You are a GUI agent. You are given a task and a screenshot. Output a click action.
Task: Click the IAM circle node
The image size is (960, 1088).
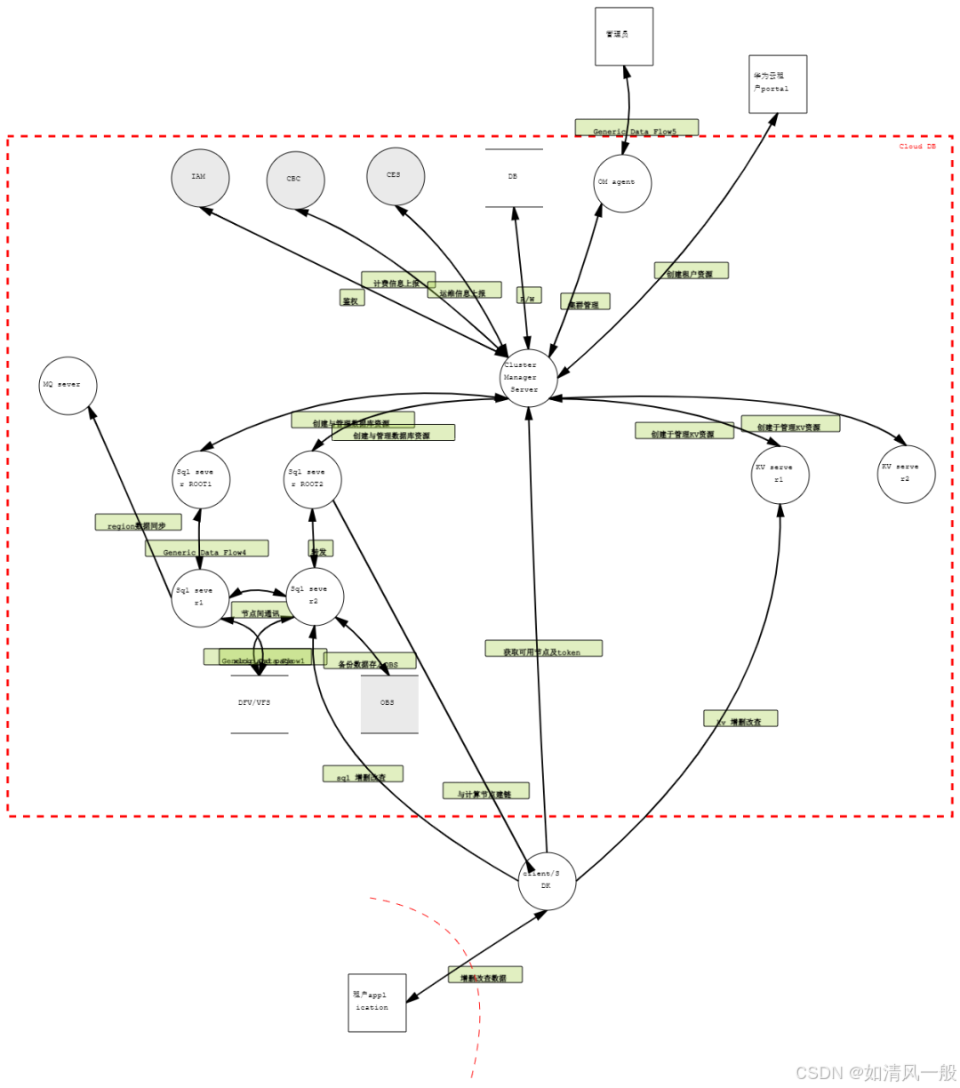[x=200, y=178]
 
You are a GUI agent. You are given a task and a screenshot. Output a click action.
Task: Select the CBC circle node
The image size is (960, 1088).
[x=295, y=180]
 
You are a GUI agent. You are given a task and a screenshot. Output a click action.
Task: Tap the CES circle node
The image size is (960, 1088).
[x=396, y=176]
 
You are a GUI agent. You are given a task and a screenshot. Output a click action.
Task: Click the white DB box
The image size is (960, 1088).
[x=514, y=178]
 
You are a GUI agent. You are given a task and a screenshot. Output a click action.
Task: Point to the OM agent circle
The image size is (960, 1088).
[x=622, y=183]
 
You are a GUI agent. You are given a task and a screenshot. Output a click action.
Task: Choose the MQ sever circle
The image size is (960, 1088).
[x=68, y=386]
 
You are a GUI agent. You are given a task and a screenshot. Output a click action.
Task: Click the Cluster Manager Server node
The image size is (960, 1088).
[x=529, y=378]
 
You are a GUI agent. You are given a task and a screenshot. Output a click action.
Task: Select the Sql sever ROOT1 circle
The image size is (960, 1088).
[x=201, y=479]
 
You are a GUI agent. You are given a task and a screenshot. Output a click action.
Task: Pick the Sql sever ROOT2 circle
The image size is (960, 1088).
[x=312, y=479]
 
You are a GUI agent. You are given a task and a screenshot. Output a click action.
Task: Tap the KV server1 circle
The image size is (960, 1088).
[x=780, y=475]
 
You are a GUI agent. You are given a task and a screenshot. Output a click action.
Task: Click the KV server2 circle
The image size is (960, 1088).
[x=906, y=474]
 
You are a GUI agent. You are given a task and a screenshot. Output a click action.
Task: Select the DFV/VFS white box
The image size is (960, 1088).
[x=260, y=704]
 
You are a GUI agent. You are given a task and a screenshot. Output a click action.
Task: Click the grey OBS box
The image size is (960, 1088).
[x=389, y=704]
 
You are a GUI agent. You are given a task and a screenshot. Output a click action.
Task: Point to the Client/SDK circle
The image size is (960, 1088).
[x=547, y=881]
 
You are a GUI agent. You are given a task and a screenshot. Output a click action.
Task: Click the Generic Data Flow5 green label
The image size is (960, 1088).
[x=636, y=128]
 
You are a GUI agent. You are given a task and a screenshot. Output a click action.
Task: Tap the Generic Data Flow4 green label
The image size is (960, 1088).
[x=206, y=548]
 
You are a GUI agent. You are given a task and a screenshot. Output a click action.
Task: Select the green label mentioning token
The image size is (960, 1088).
[x=543, y=649]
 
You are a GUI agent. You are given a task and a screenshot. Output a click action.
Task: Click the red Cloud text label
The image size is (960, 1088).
[x=917, y=147]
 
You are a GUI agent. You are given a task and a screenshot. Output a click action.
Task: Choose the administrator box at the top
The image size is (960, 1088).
[x=624, y=36]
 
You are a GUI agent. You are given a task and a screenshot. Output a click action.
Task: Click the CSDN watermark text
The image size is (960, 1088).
[x=875, y=1072]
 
